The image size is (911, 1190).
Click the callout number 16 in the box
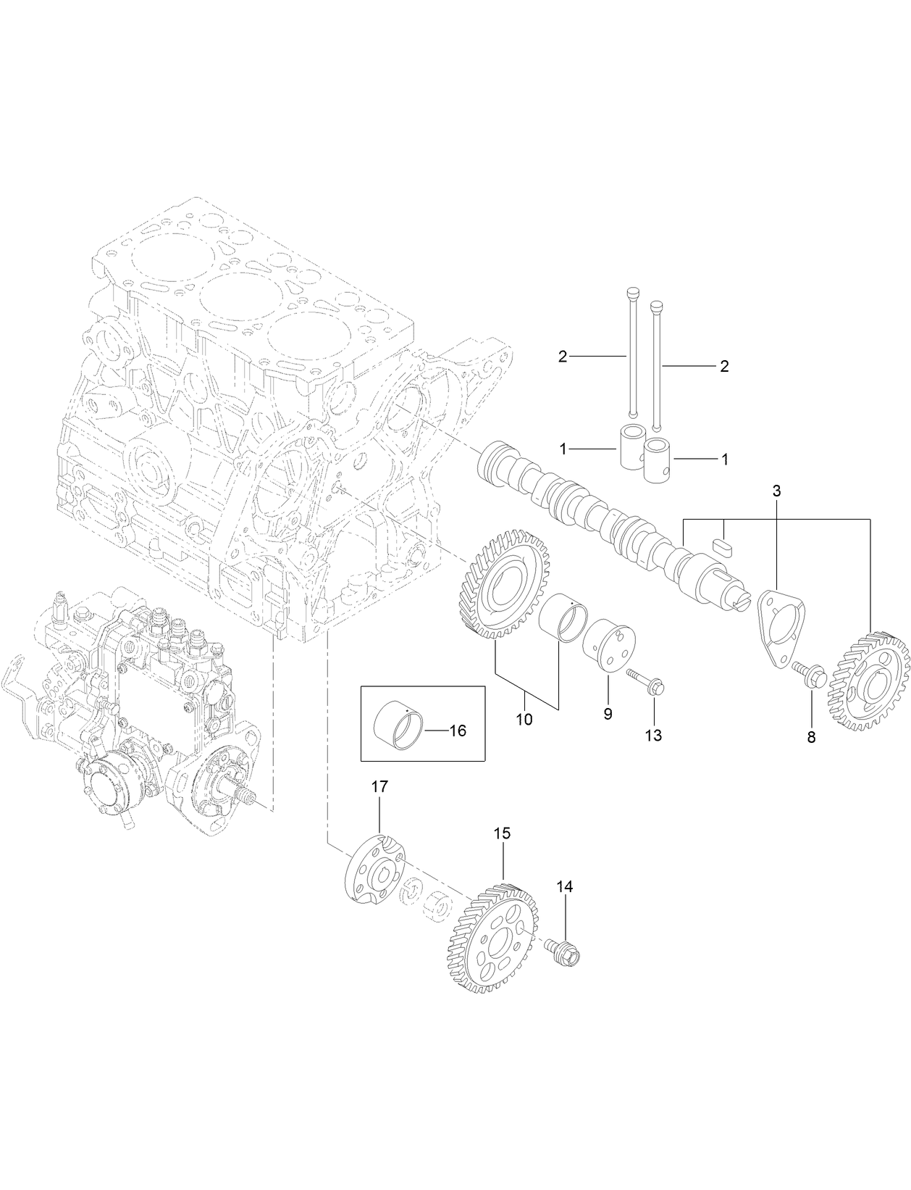click(458, 731)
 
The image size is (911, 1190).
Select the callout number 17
click(380, 786)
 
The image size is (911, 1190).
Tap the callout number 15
click(503, 833)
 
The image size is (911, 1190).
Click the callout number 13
click(653, 736)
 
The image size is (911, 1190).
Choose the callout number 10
click(524, 720)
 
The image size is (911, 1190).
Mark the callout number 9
click(608, 714)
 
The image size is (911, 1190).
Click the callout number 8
click(811, 738)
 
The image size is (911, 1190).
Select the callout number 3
click(776, 491)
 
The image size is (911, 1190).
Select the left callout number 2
click(563, 356)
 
